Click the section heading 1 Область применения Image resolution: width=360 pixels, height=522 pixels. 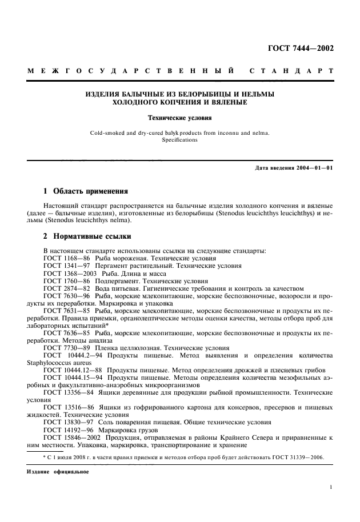tap(86, 190)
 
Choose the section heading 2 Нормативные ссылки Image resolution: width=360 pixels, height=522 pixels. tap(87, 235)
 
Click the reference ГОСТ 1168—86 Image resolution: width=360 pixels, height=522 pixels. tap(63, 258)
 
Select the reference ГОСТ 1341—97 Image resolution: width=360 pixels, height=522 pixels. tap(63, 266)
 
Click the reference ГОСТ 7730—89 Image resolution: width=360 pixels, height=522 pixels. tap(63, 348)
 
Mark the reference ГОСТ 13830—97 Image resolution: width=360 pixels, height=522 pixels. tap(64, 422)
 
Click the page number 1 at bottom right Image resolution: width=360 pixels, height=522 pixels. tap(331, 487)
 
